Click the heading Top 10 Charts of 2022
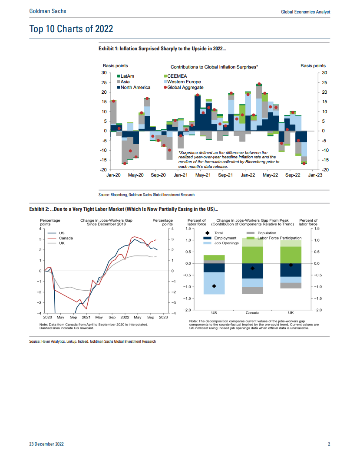pos(71,29)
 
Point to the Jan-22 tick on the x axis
pos(248,175)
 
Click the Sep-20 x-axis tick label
pos(158,175)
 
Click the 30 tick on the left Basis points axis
pos(104,73)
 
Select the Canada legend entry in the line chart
pos(66,238)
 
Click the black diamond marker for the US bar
pos(214,286)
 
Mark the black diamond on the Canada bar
pos(252,269)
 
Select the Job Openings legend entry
pos(227,243)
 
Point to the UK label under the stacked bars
pos(291,313)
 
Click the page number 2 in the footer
pos(329,444)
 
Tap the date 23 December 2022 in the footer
pos(46,444)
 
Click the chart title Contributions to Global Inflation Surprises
pos(214,67)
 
